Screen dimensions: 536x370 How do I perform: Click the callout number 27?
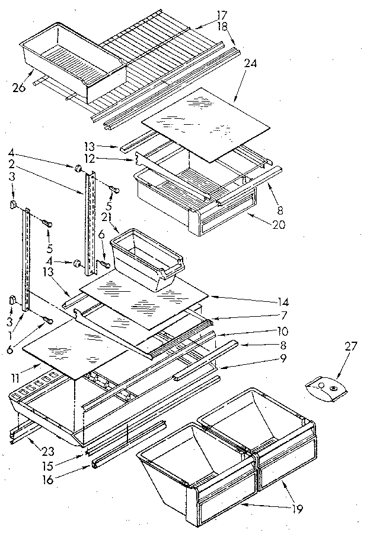352,346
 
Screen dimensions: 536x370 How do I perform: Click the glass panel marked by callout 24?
204,123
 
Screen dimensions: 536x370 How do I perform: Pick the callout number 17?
205,14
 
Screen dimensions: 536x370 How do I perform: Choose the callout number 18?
205,26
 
